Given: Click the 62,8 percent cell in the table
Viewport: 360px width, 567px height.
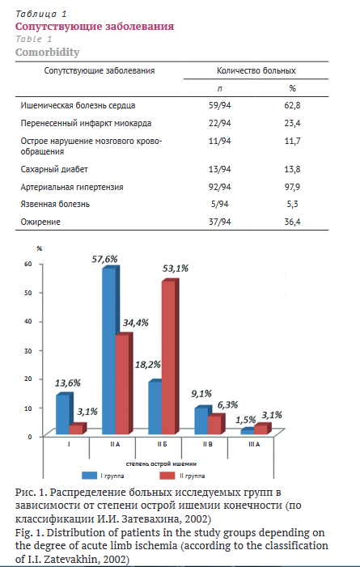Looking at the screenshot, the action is tap(292, 106).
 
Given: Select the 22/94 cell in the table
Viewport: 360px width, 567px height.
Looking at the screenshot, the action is tap(219, 123).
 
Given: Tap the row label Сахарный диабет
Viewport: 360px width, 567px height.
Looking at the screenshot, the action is tap(54, 169).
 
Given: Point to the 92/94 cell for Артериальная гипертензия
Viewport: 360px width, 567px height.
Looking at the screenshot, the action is tap(219, 187).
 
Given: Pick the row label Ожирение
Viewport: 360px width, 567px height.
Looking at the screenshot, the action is tap(40, 222).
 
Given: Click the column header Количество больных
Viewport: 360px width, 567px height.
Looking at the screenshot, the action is tap(256, 70).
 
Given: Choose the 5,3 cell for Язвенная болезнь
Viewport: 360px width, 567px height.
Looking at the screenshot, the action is tap(292, 204).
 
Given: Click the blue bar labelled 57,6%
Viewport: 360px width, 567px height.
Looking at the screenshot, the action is tap(110, 351).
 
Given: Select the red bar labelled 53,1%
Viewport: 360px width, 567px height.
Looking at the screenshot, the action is tap(170, 358).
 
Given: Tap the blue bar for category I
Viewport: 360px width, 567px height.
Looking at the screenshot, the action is tap(64, 413).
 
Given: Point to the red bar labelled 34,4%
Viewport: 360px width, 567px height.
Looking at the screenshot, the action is tap(124, 384).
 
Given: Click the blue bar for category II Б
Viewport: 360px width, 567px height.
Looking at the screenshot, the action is tap(155, 407).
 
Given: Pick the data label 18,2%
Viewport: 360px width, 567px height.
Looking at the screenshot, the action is tap(147, 365).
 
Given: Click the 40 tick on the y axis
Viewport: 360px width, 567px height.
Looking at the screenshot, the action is tap(28, 321).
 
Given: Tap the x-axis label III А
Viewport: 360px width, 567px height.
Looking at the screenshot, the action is tap(254, 445).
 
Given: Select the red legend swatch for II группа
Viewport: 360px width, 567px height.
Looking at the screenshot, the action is tap(167, 476).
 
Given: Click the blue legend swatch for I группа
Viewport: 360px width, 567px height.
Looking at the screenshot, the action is tap(89, 476).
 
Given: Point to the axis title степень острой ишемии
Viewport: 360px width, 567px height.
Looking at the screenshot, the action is tap(161, 463).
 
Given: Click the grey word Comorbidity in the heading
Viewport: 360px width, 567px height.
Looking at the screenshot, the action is tap(48, 52).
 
